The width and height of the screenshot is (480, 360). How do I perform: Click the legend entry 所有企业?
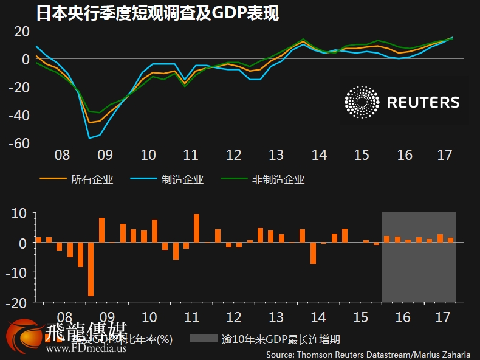92,179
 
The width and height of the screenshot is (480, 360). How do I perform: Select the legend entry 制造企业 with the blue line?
182,179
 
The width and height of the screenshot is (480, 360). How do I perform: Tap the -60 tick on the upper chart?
19,144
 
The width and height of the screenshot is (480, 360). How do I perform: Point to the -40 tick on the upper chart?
19,116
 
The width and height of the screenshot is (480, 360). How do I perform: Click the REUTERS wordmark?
423,102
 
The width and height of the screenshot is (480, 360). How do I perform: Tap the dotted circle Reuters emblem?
361,102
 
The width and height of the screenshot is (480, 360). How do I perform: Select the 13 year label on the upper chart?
276,155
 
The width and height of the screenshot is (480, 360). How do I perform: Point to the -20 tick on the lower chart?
19,301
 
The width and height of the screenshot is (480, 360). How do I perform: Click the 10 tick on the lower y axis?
21,213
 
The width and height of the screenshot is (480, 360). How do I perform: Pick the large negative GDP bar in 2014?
313,252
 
